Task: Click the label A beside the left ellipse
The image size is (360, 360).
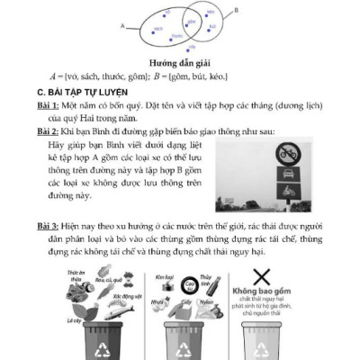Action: (121, 26)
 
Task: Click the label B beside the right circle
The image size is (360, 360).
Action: (236, 11)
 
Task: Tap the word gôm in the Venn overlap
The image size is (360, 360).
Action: (186, 26)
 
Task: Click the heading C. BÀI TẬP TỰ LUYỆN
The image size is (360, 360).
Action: (79, 92)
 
